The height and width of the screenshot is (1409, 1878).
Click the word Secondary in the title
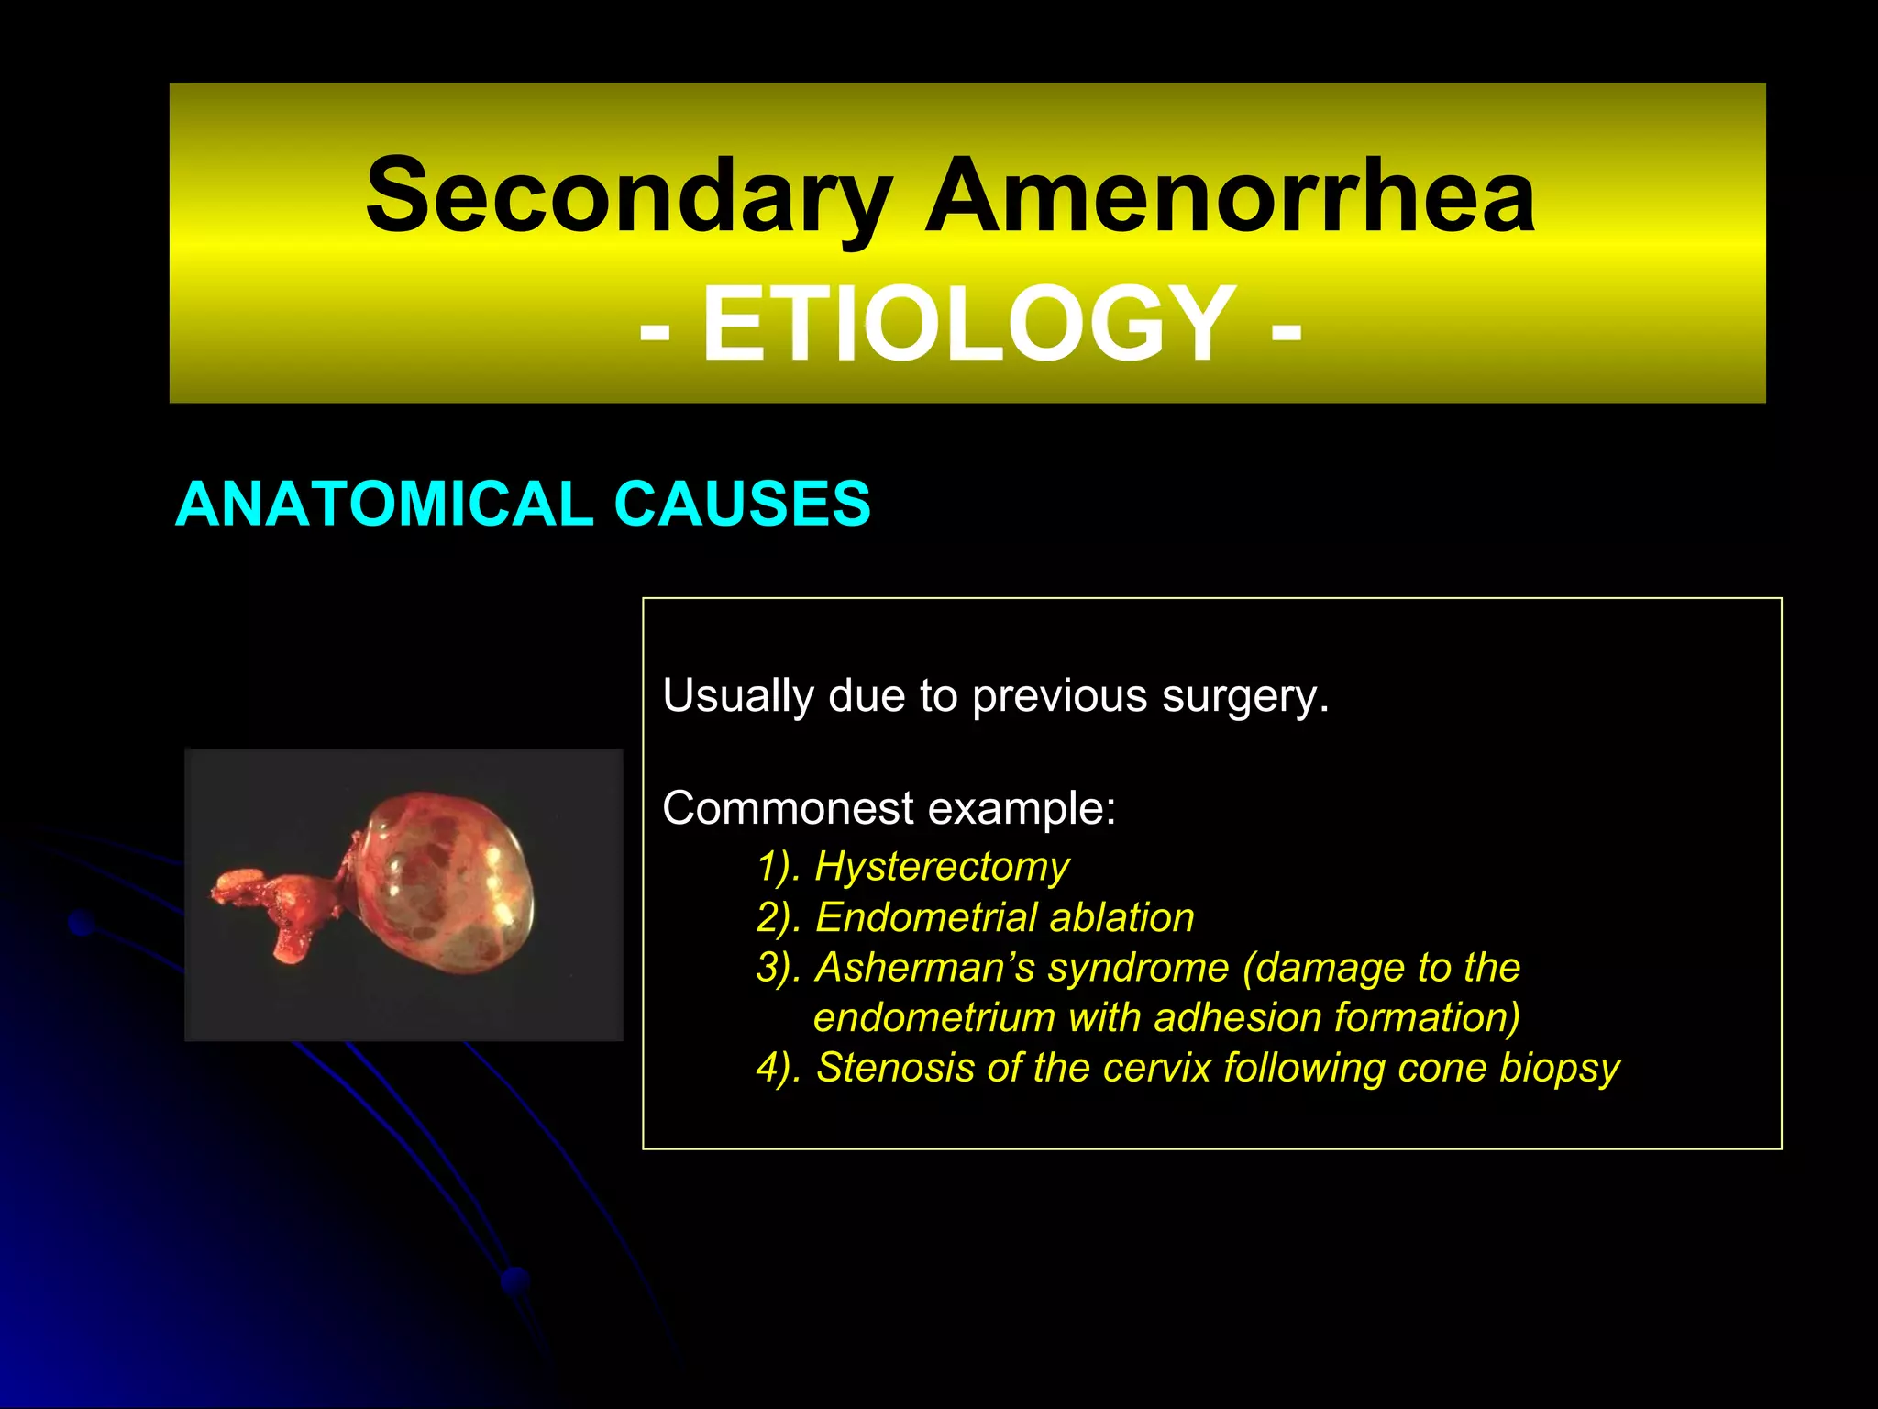coord(628,195)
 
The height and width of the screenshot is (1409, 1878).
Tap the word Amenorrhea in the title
coord(1229,195)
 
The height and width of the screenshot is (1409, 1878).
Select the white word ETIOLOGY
coord(968,324)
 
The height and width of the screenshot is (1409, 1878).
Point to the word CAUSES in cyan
coord(742,504)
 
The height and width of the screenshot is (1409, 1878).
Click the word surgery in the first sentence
coord(1244,696)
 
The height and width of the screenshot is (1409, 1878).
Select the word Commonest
coord(788,808)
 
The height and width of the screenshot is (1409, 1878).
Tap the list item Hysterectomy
coord(942,866)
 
